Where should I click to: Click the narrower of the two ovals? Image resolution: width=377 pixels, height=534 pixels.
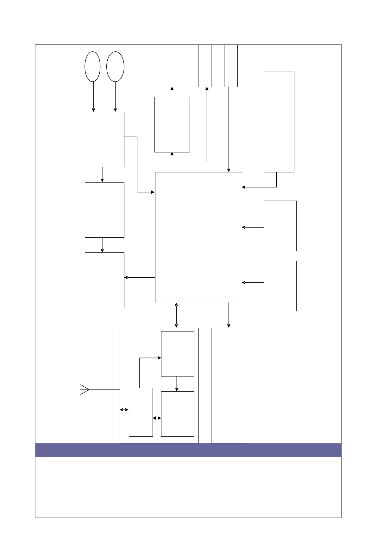pos(92,67)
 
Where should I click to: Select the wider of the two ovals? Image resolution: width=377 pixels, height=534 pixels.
pos(115,67)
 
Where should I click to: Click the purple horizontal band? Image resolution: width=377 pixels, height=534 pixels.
pos(188,450)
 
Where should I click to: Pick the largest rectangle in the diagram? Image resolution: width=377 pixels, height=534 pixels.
pos(198,237)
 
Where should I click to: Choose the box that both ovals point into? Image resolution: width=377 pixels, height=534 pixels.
pos(104,139)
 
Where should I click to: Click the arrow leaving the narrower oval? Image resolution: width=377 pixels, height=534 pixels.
pos(93,97)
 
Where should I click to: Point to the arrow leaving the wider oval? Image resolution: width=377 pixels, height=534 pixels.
pos(115,97)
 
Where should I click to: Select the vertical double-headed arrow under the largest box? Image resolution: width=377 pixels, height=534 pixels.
pos(176,315)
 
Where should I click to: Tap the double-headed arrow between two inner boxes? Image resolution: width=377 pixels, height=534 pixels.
pos(157,418)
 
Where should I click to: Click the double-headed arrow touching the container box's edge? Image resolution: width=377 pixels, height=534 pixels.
pos(124,410)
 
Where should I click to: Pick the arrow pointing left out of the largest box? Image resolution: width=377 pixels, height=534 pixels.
pos(139,278)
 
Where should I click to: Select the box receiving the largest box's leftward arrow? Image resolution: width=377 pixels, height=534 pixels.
pos(104,280)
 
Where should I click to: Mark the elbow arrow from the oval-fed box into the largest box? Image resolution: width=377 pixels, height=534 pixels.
pos(137,165)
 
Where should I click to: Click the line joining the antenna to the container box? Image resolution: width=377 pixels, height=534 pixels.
pos(104,389)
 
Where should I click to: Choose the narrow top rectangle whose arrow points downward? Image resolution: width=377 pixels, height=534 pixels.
pos(231,66)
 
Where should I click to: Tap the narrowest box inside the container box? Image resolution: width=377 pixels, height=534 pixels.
pos(141,412)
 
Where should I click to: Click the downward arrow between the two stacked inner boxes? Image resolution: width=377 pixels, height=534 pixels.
pos(177,384)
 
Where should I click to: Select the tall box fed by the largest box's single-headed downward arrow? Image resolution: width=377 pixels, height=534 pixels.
pos(229,385)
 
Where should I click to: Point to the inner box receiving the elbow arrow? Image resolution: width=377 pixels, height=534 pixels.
pos(178,354)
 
